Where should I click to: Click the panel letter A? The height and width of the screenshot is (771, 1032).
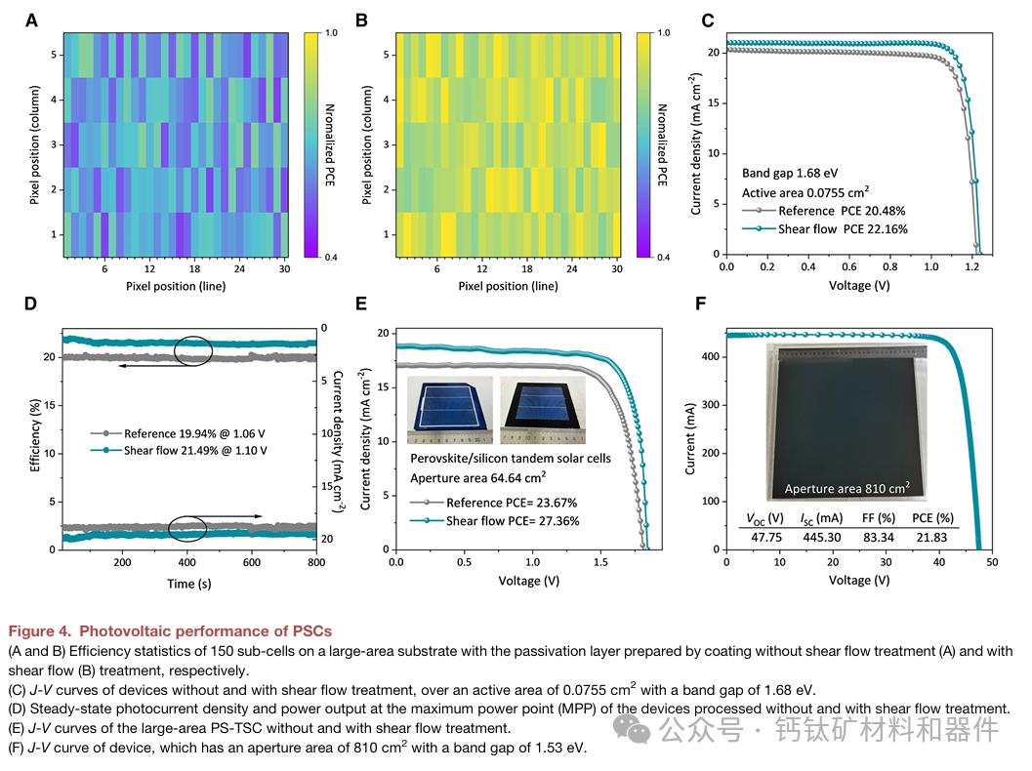(x=32, y=20)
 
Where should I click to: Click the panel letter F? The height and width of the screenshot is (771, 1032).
(x=701, y=303)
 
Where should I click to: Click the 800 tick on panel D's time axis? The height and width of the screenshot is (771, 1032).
(x=316, y=563)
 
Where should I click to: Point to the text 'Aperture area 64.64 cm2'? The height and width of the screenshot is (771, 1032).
(x=476, y=478)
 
